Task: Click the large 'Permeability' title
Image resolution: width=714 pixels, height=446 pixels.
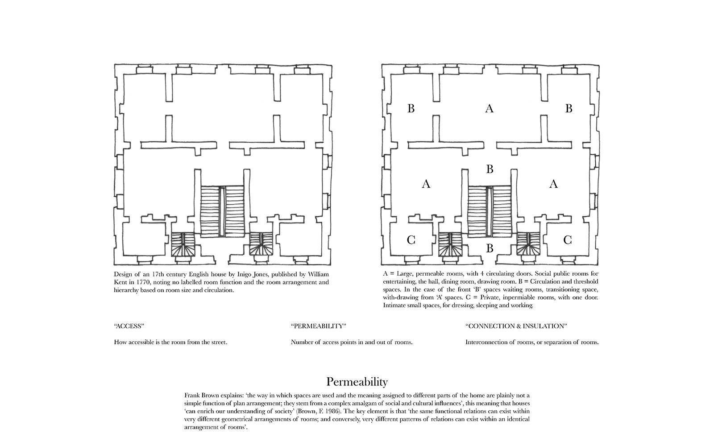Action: pos(357,382)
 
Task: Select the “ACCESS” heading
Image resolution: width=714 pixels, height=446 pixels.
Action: pos(129,326)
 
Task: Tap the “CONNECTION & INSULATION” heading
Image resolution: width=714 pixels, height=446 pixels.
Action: pos(516,326)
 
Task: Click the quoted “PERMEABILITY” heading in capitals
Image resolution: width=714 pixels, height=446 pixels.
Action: pos(318,326)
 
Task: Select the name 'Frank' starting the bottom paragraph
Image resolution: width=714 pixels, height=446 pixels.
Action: pos(193,395)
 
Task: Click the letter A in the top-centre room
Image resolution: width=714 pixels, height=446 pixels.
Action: pos(490,108)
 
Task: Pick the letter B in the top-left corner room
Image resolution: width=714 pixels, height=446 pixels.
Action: pos(411,108)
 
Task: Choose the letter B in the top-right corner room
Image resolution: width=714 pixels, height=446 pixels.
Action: pos(569,108)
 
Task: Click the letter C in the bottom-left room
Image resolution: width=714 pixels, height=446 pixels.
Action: pos(411,240)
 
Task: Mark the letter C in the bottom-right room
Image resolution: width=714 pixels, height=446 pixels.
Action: pos(567,240)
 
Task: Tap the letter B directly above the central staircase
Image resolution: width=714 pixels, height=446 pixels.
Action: pos(490,169)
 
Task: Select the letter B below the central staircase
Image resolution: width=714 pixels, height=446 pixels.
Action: pos(490,248)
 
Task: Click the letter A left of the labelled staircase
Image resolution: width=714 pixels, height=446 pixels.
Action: pos(426,184)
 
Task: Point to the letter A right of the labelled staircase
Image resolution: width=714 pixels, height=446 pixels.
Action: pos(553,184)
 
